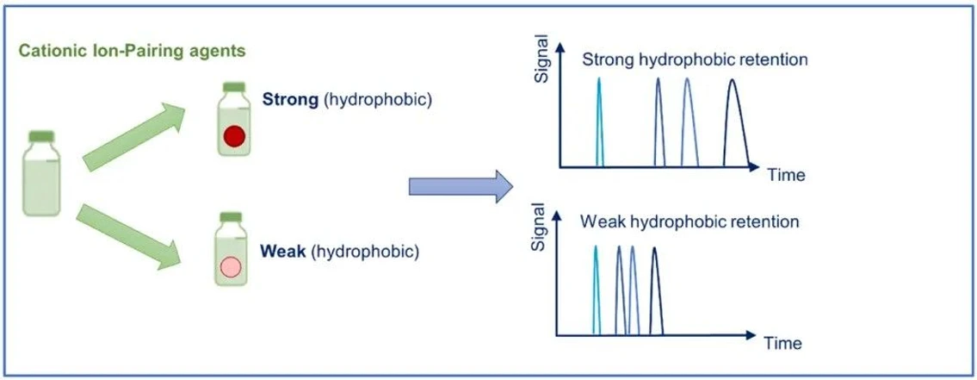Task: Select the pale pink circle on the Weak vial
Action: [x=230, y=266]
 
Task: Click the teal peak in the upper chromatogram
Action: [x=599, y=121]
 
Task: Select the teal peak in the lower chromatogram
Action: [x=595, y=289]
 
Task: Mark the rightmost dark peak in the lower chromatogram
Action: [x=654, y=290]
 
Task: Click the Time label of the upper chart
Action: [x=786, y=175]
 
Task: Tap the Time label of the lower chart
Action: [x=782, y=343]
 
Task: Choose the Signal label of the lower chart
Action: [x=540, y=227]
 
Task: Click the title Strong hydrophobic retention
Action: [x=695, y=60]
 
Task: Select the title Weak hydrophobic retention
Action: [x=689, y=221]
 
